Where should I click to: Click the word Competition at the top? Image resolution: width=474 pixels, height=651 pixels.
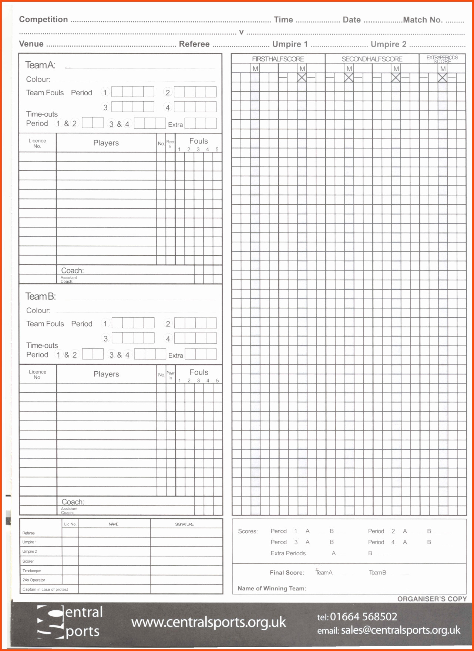tap(43, 20)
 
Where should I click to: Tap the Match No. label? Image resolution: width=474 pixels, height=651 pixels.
tap(423, 20)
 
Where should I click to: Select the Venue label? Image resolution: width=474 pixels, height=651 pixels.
tap(31, 44)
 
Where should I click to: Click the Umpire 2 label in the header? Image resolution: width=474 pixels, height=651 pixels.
tap(388, 44)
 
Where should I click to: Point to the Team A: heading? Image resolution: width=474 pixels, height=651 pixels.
tap(40, 65)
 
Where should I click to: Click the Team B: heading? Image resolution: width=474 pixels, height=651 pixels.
tap(40, 296)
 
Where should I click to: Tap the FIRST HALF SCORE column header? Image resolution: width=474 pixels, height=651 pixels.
tap(278, 59)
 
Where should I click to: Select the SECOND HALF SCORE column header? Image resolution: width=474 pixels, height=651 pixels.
tap(372, 59)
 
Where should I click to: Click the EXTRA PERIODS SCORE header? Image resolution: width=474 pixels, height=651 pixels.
tap(442, 59)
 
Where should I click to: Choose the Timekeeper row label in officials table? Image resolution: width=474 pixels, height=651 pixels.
tap(31, 571)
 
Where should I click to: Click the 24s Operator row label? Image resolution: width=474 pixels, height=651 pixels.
tap(34, 580)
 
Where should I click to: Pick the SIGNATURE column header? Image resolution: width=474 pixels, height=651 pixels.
tap(184, 524)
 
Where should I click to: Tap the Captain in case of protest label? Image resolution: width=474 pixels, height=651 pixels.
tap(45, 590)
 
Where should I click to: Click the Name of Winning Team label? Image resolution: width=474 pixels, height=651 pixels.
tap(272, 589)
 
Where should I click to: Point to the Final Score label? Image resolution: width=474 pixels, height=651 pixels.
tap(287, 573)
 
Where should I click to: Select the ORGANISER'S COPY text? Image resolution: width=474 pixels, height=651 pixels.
tap(432, 599)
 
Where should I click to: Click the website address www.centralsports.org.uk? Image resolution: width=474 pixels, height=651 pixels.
tap(209, 622)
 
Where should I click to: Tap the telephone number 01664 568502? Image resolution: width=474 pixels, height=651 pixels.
tap(363, 617)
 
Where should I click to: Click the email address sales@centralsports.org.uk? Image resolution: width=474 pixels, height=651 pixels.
tap(400, 630)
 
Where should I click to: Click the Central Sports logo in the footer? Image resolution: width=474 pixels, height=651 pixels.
tap(70, 622)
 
